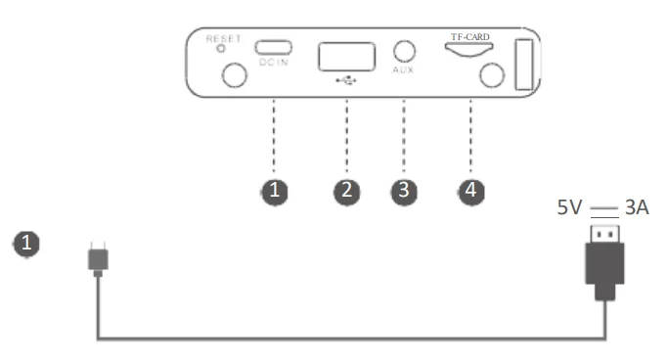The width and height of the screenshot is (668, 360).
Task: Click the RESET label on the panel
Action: click(224, 39)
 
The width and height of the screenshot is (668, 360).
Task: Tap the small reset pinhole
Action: click(221, 49)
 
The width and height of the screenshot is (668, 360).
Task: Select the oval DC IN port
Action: click(274, 47)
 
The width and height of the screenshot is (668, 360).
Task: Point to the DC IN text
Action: click(274, 63)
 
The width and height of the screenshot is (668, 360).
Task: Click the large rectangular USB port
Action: click(347, 57)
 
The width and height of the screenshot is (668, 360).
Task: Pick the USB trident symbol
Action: click(346, 80)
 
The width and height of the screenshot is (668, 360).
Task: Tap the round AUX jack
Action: click(404, 52)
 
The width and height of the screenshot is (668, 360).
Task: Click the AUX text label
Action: click(403, 69)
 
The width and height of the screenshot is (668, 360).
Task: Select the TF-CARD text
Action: click(470, 37)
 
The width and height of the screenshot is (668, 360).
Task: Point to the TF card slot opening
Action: click(469, 50)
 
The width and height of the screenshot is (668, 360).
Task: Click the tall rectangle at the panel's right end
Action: click(524, 65)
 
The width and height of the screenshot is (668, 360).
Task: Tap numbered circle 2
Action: click(347, 192)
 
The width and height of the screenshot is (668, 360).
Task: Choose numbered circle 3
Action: click(404, 192)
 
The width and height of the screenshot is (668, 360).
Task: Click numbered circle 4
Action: click(470, 192)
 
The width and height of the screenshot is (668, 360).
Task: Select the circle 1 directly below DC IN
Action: click(275, 192)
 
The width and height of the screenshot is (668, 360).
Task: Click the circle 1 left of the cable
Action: click(26, 245)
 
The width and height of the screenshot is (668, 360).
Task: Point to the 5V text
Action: click(569, 207)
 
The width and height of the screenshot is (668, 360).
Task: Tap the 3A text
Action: click(637, 207)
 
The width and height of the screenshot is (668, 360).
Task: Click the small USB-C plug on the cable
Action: click(98, 258)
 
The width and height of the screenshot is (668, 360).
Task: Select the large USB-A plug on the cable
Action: click(605, 263)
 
